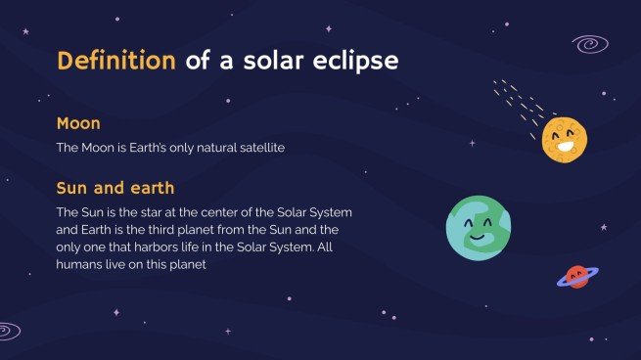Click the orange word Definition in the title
point(115,61)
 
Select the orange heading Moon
point(79,124)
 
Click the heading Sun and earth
point(115,188)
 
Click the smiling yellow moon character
point(564,139)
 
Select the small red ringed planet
point(576,277)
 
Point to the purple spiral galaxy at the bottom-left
point(8,331)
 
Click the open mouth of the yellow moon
point(567,147)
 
